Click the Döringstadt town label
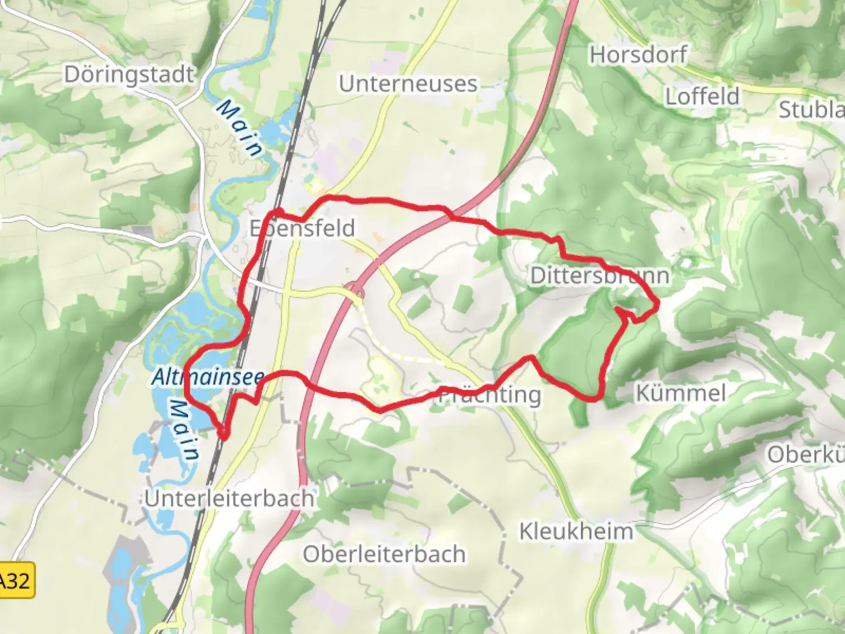129,75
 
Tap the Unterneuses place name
408,83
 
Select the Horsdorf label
638,55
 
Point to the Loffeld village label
702,96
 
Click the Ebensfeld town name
303,228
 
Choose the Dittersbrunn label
600,275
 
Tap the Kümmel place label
681,393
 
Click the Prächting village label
491,395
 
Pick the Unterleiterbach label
229,498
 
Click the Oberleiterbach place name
384,554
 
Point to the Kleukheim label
576,532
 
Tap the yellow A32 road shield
16,581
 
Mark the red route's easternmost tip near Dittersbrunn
658,303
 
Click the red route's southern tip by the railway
224,436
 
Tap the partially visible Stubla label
812,109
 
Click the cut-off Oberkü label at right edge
806,454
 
